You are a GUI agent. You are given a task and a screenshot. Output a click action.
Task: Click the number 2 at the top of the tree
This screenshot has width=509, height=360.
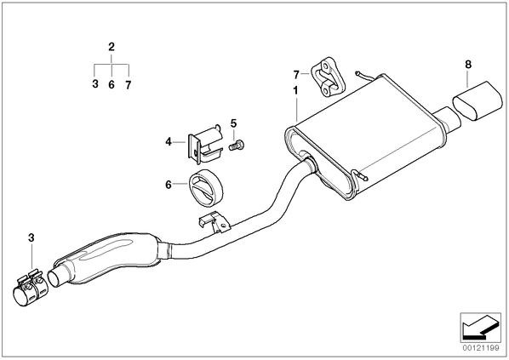pyautogui.click(x=112, y=47)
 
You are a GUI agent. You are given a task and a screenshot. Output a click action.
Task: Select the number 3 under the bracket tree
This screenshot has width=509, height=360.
pyautogui.click(x=95, y=84)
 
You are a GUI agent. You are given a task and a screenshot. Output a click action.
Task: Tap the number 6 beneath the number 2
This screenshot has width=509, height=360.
pyautogui.click(x=112, y=85)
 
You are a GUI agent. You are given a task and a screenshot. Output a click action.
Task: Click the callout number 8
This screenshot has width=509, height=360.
pyautogui.click(x=468, y=65)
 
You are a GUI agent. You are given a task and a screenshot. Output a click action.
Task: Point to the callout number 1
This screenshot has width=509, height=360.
pyautogui.click(x=295, y=90)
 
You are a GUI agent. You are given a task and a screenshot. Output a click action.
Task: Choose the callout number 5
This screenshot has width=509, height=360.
pyautogui.click(x=234, y=123)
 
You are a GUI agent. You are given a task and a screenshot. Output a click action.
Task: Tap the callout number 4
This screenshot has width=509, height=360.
pyautogui.click(x=169, y=142)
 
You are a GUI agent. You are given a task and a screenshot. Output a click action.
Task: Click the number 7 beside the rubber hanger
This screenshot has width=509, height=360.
pyautogui.click(x=296, y=75)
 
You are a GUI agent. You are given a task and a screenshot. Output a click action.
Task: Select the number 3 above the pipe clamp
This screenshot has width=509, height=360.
pyautogui.click(x=31, y=237)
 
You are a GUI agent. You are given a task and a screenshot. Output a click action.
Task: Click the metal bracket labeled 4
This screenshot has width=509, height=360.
pyautogui.click(x=204, y=144)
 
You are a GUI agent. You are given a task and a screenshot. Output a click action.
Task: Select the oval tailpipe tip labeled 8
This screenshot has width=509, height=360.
pyautogui.click(x=478, y=100)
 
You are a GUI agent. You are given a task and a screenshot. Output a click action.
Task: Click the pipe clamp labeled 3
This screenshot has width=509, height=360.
pyautogui.click(x=30, y=286)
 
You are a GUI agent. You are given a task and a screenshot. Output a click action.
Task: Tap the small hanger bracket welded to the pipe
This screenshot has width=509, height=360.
pyautogui.click(x=214, y=221)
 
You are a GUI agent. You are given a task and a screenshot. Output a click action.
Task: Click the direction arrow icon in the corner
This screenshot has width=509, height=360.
pyautogui.click(x=480, y=328)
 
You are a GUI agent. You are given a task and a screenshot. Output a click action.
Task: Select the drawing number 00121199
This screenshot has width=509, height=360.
pyautogui.click(x=480, y=349)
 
